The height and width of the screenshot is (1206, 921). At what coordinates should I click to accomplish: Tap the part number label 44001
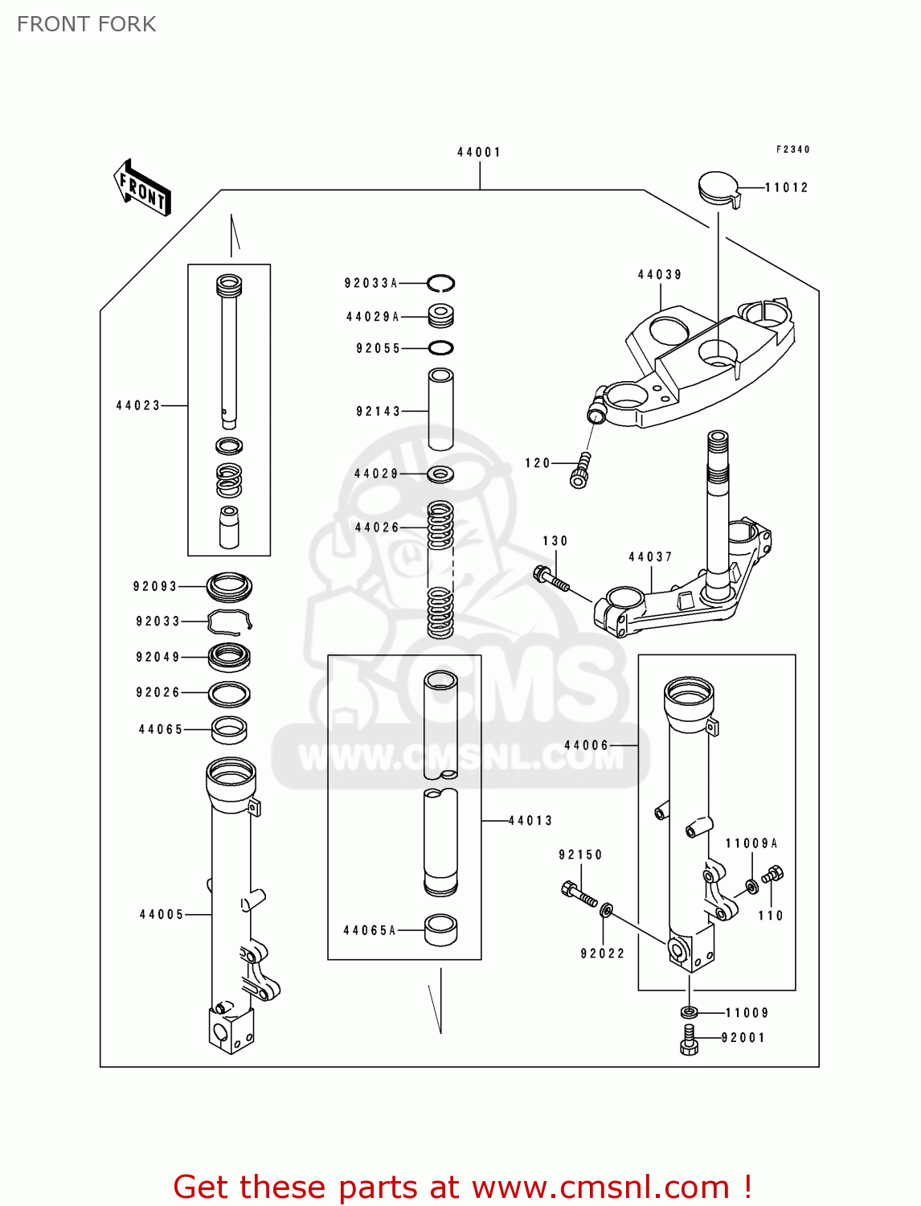tap(479, 152)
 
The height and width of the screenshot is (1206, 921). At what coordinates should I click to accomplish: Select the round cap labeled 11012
tap(718, 188)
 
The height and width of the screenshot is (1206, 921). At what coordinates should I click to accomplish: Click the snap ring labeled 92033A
tap(440, 283)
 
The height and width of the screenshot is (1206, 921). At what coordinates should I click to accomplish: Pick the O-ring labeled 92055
tap(440, 348)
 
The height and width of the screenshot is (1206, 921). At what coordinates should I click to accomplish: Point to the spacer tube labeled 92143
tap(440, 409)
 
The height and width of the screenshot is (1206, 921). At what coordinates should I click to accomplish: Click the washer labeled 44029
tap(440, 474)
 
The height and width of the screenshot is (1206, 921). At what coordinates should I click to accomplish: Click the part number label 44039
tap(660, 274)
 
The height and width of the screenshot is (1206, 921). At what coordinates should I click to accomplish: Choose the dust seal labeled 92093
tap(230, 587)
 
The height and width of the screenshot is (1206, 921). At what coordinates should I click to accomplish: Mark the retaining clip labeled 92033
tap(230, 621)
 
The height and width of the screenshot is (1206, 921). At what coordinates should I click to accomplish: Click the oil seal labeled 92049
tap(230, 657)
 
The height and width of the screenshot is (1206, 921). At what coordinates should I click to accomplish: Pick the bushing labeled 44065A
tap(440, 929)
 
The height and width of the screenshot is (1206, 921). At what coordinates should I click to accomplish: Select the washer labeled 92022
tap(607, 910)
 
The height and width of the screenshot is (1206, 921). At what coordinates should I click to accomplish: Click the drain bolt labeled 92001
tap(689, 1039)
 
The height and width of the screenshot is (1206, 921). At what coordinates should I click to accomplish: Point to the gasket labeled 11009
tap(689, 1012)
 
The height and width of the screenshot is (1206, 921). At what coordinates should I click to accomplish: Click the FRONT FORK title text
tap(86, 24)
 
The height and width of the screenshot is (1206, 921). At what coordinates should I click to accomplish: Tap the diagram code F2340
tap(792, 150)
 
